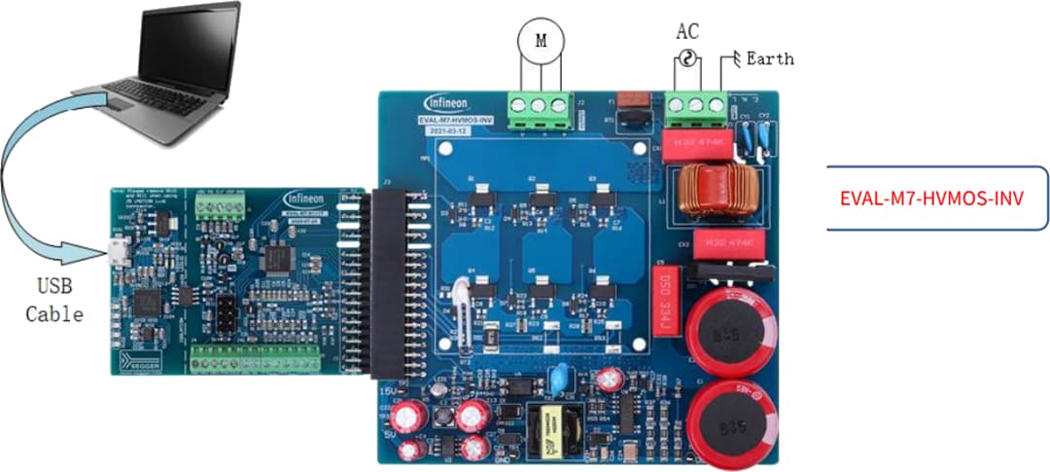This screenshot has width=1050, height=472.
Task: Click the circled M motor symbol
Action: tap(542, 40)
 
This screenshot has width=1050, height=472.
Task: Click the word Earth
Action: tap(769, 59)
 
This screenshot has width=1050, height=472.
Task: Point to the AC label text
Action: tap(687, 31)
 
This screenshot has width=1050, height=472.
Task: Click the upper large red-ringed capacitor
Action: tap(731, 330)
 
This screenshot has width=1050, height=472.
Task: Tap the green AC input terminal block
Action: tap(696, 104)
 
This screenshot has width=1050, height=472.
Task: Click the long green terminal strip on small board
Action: tap(258, 364)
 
